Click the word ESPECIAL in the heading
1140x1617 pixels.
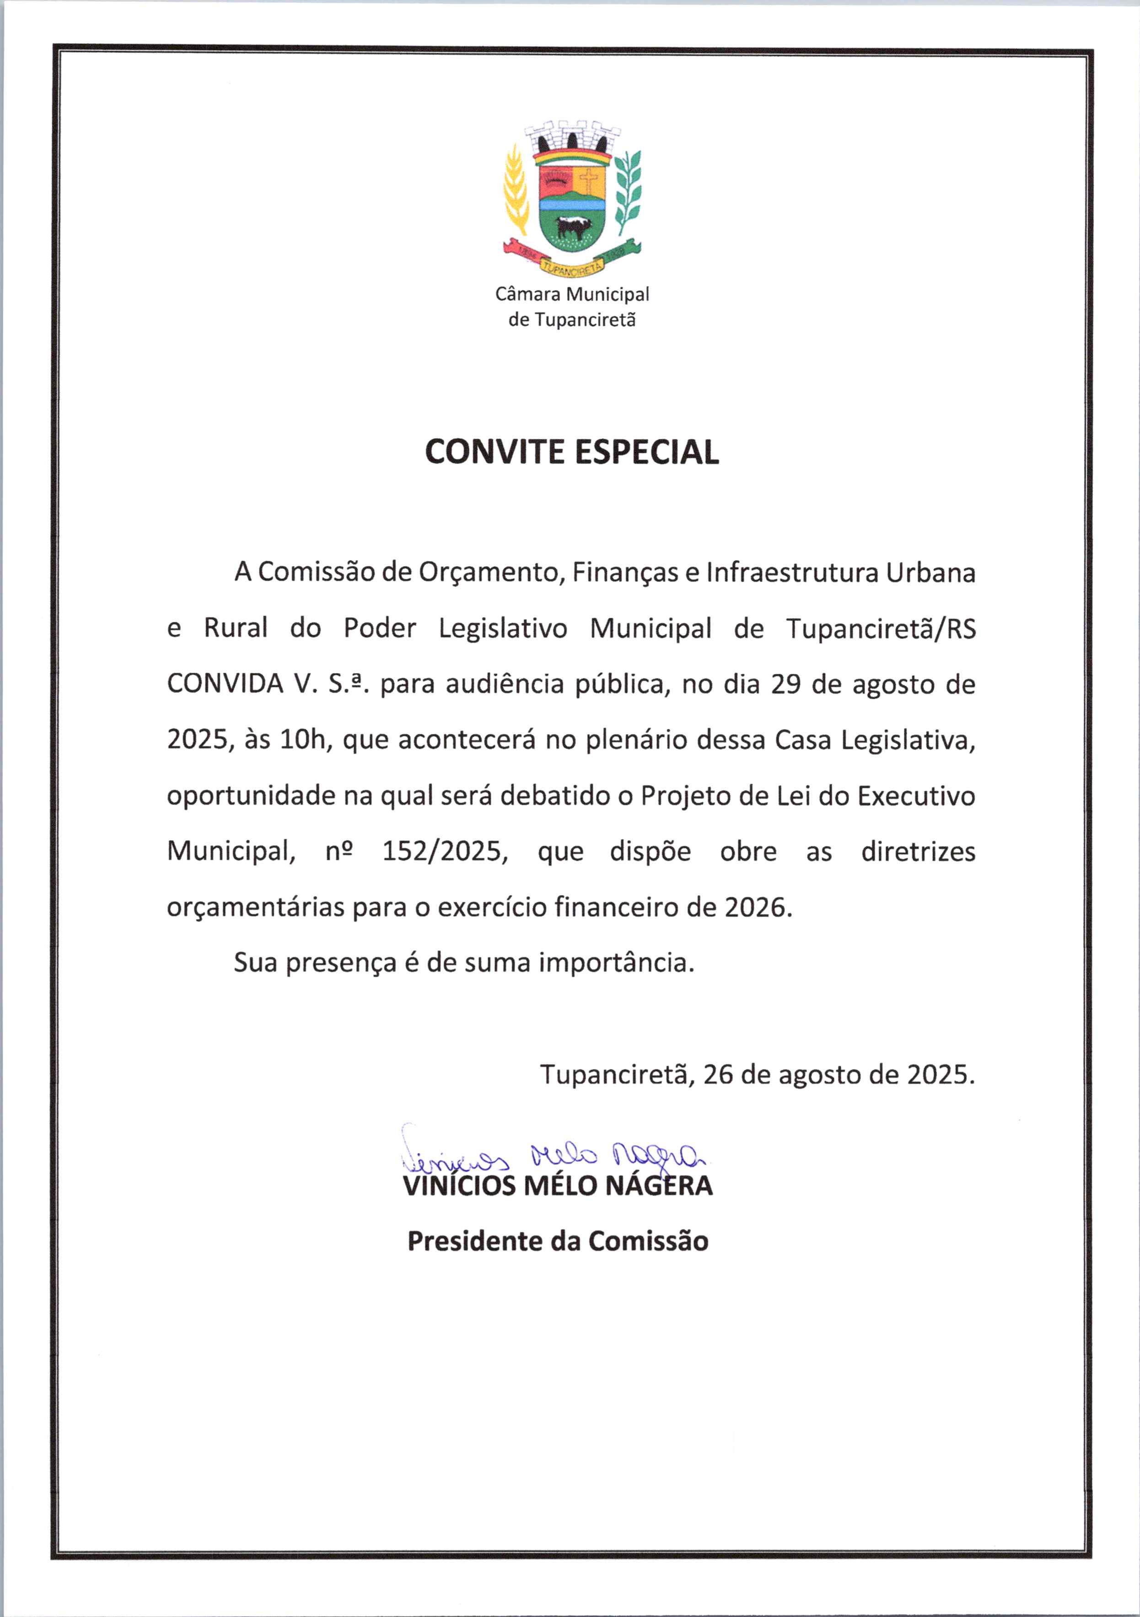[647, 452]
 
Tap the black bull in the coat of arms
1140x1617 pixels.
[571, 227]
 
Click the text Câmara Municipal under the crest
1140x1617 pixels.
[572, 294]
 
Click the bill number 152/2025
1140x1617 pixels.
[444, 852]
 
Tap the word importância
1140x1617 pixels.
[617, 963]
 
